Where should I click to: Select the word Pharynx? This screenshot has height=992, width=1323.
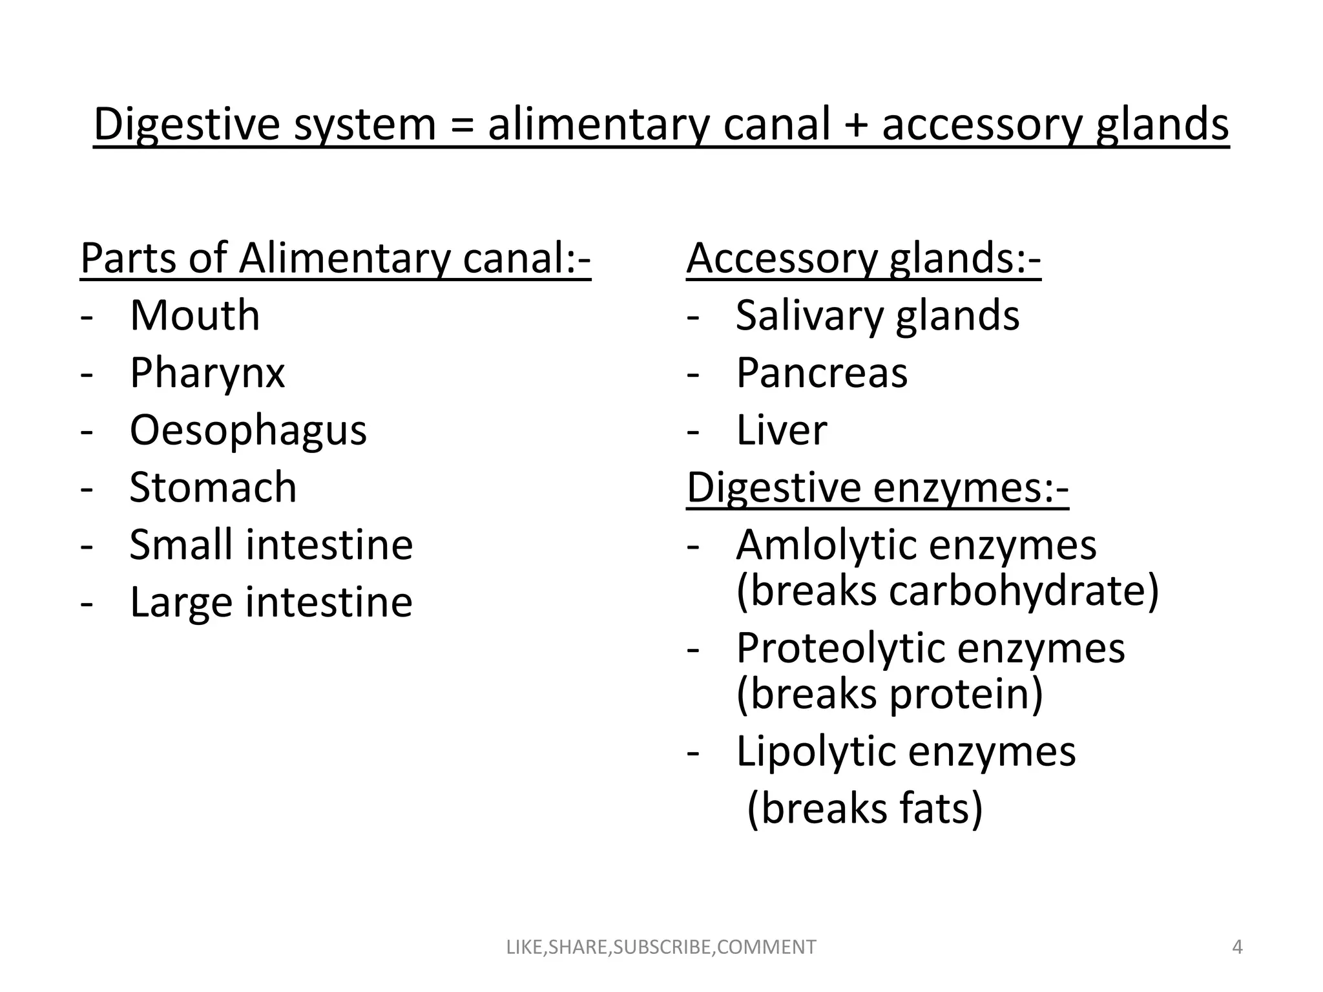coord(207,373)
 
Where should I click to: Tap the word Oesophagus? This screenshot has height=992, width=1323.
coord(248,430)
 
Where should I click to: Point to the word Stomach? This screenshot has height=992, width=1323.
coord(213,487)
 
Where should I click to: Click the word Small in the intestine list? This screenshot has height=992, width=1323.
coord(181,545)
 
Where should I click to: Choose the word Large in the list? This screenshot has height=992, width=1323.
coord(180,602)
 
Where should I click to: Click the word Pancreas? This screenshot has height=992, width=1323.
coord(822,373)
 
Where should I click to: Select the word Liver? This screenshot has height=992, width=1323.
coord(782,430)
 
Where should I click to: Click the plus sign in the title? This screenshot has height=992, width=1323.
coord(856,125)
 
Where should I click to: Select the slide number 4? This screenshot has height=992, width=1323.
coord(1237,947)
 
